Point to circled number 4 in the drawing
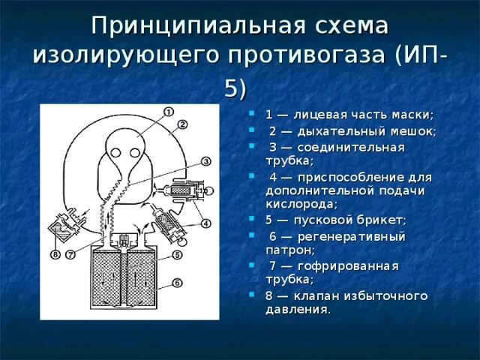click(205, 223)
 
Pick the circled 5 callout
click(177, 254)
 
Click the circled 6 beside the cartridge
click(177, 283)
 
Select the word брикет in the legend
click(382, 220)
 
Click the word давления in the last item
click(297, 309)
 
